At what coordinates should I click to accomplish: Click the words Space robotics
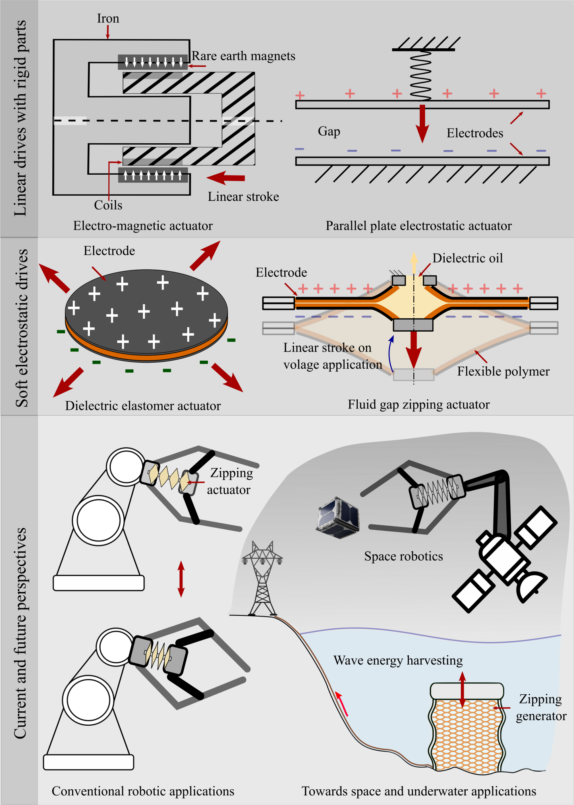click(403, 556)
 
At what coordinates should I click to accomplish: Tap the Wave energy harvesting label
click(398, 661)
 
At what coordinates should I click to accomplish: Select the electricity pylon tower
click(262, 580)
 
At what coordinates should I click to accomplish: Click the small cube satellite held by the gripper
click(338, 518)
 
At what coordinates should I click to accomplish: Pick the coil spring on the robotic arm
click(436, 492)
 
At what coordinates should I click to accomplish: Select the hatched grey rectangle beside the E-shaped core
click(238, 121)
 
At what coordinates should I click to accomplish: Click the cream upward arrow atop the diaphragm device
click(414, 263)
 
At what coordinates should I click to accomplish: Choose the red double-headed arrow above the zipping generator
click(462, 689)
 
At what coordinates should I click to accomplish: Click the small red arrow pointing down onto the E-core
click(108, 32)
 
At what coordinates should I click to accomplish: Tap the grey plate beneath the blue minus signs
click(422, 161)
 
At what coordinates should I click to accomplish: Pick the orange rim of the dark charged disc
click(147, 356)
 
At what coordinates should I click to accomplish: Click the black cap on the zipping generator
click(466, 691)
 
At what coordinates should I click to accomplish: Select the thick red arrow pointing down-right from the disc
click(227, 378)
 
